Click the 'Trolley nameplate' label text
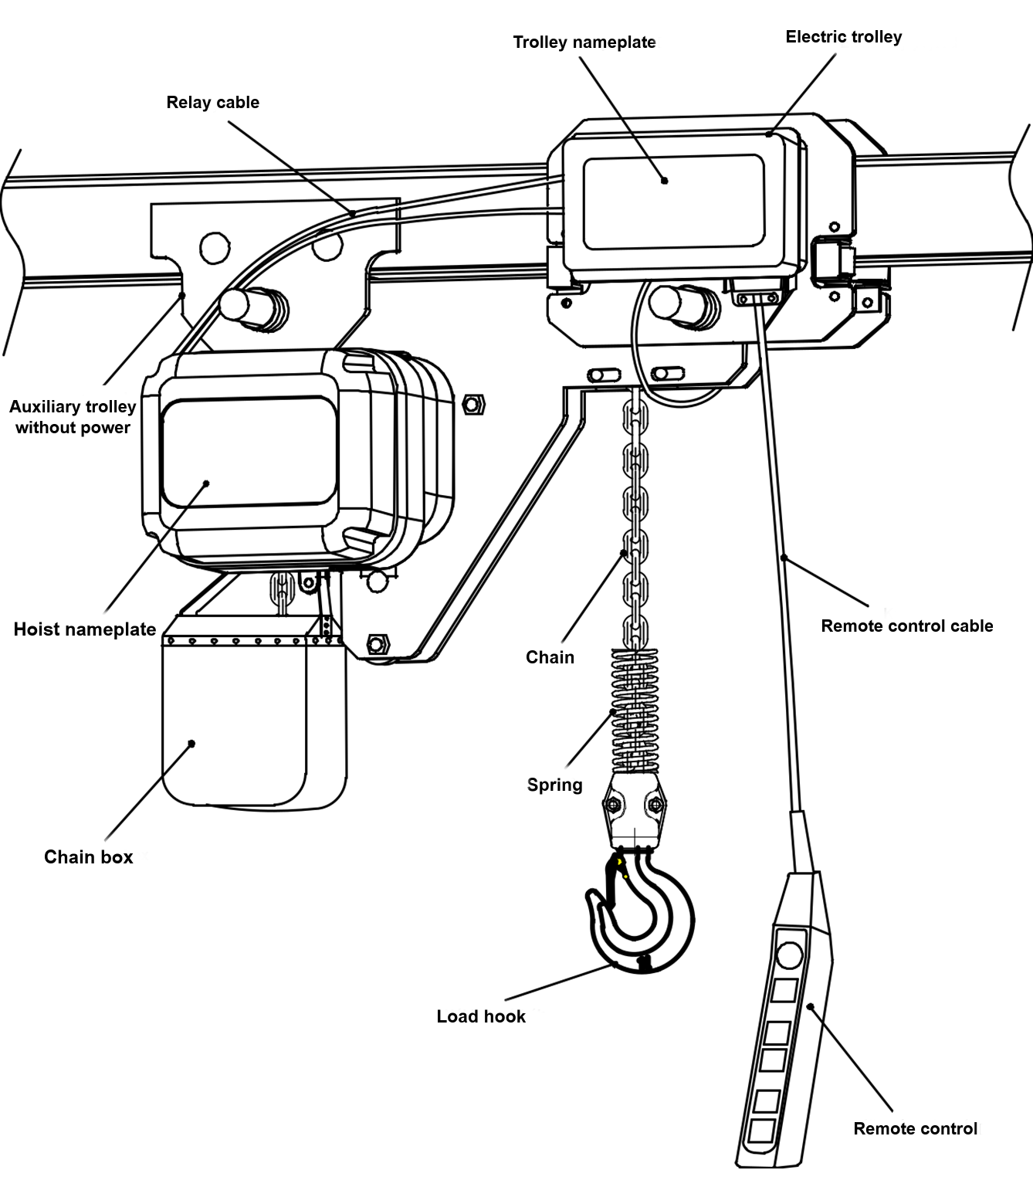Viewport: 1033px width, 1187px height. [x=584, y=42]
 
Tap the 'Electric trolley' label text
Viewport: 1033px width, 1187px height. [x=843, y=37]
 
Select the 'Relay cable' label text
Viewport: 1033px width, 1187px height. [x=212, y=103]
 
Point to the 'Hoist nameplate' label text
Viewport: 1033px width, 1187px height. [x=85, y=629]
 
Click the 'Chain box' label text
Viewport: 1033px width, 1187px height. [x=88, y=857]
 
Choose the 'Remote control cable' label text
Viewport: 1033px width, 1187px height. [x=906, y=626]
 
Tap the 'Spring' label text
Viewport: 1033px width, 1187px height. [x=554, y=785]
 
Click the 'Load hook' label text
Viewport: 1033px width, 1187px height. [x=481, y=1017]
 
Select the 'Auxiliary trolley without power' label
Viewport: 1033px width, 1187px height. [x=73, y=417]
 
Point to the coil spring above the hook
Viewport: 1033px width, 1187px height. [x=635, y=711]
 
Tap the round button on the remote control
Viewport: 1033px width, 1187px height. [x=789, y=956]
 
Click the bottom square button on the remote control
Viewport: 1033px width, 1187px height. [x=761, y=1131]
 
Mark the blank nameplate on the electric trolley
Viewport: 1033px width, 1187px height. [x=673, y=202]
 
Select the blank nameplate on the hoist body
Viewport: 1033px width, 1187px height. [x=249, y=452]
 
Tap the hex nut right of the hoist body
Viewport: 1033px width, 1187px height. [x=472, y=404]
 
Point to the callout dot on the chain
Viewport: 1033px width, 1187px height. [x=625, y=552]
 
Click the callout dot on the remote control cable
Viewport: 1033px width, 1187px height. [x=784, y=557]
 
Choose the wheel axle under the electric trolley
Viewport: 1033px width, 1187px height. [x=679, y=303]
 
